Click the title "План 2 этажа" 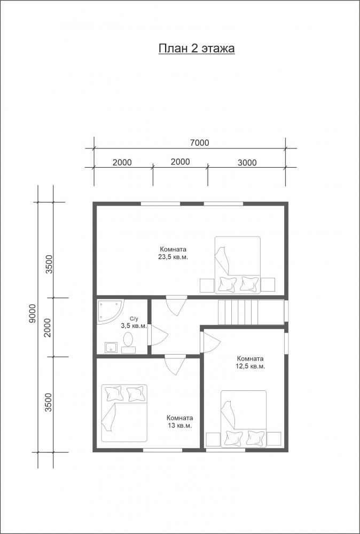(197, 49)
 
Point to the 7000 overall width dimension (200, 143)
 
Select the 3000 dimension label (247, 162)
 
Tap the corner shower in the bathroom (109, 312)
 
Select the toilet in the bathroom (128, 343)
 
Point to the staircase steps (251, 312)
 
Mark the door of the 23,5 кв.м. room (176, 305)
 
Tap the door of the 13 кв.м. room (175, 365)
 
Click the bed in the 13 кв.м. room (124, 413)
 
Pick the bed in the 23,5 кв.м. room (237, 265)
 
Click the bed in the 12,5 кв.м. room (243, 419)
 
